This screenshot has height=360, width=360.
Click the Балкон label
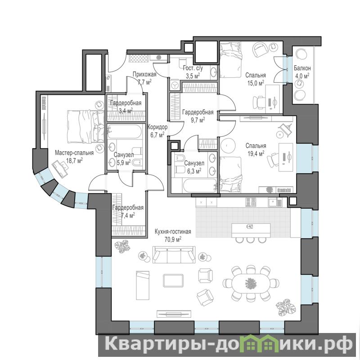click(302, 68)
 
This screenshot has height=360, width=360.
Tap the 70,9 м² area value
click(173, 239)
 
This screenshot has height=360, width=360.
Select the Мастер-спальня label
click(74, 153)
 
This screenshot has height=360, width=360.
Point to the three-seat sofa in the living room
click(174, 254)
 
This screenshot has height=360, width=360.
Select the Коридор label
click(157, 127)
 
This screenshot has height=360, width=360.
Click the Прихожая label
click(144, 74)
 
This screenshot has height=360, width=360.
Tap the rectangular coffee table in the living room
click(173, 280)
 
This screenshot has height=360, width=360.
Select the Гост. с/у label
click(193, 68)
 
